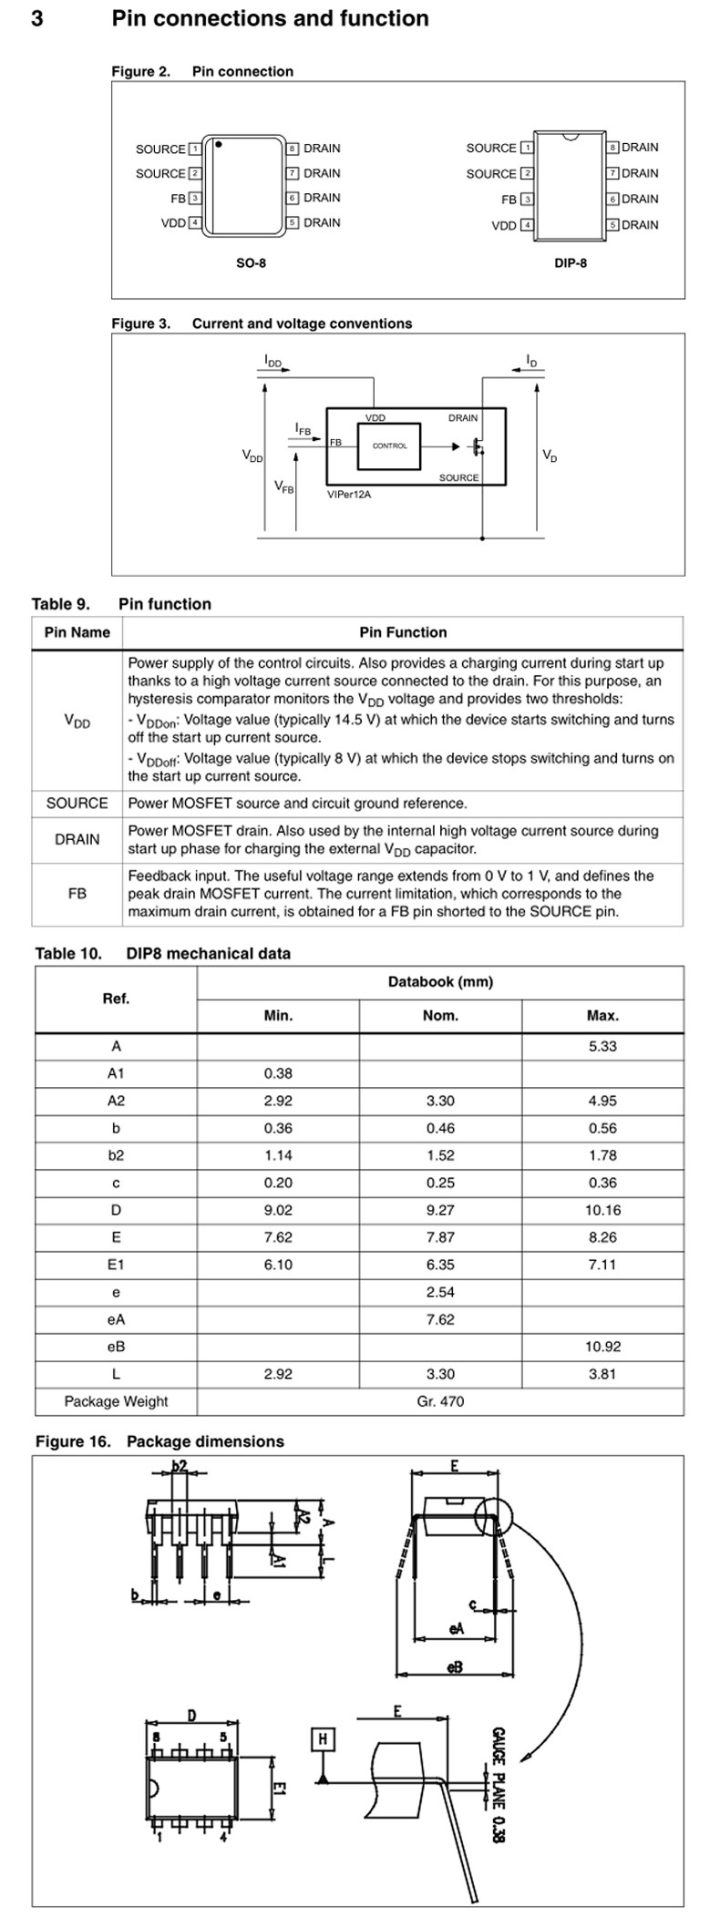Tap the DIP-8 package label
tap(571, 263)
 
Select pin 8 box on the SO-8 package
tap(293, 149)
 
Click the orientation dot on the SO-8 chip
tap(220, 144)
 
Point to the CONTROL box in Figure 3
tap(389, 446)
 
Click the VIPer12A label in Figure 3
tap(349, 494)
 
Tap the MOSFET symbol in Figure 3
tap(476, 446)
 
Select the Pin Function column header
tap(403, 632)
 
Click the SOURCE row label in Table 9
tap(77, 803)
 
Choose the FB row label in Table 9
tap(77, 894)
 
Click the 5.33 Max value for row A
tap(602, 1046)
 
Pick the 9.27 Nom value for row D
tap(440, 1210)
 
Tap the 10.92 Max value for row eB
tap(602, 1347)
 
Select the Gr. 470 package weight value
tap(440, 1401)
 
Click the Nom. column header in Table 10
tap(440, 1015)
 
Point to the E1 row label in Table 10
tap(116, 1265)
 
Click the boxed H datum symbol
tap(323, 1739)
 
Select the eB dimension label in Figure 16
tap(455, 1666)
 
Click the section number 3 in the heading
tap(37, 18)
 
